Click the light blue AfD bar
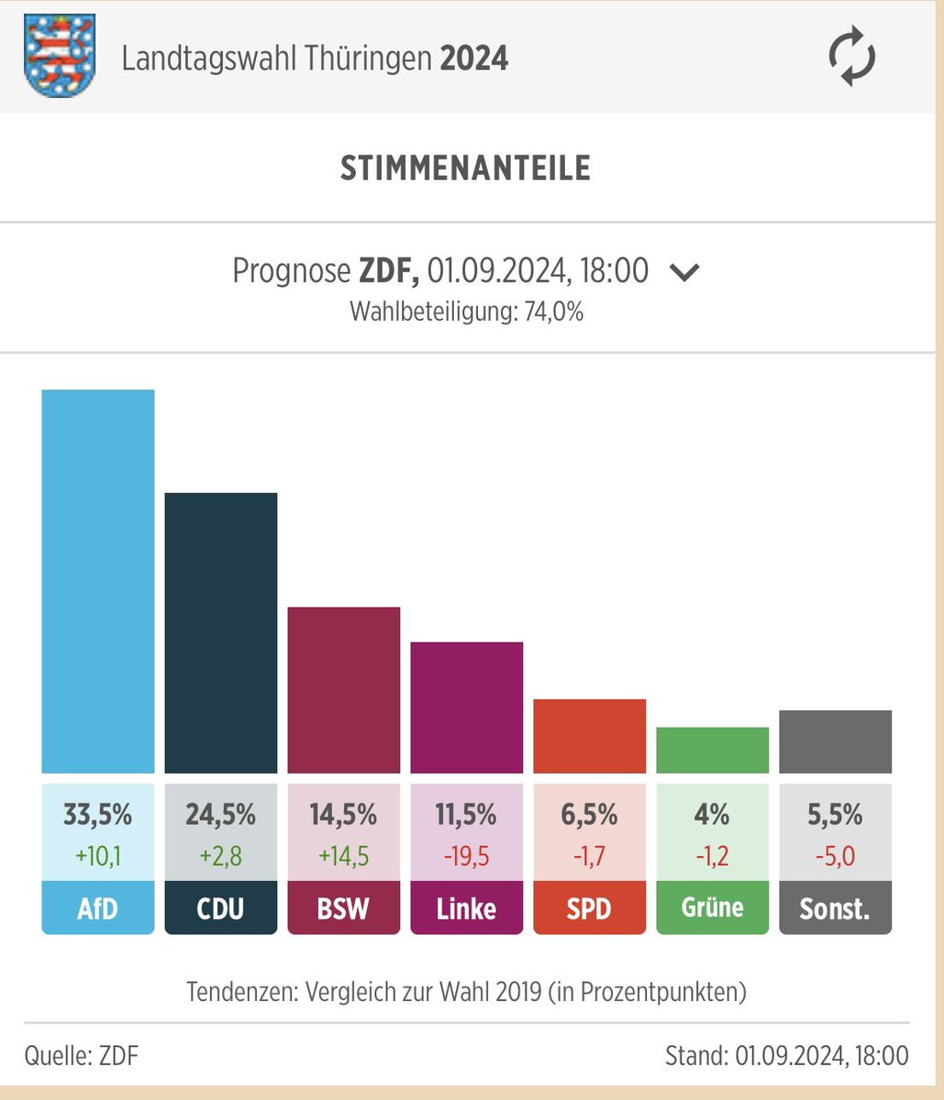[98, 581]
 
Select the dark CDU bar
[221, 632]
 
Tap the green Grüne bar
[712, 750]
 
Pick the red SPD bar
[589, 736]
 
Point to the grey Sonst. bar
[835, 742]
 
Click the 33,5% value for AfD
[98, 814]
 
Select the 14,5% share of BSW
[344, 814]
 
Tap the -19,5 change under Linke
[466, 856]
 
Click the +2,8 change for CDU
[221, 856]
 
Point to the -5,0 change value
[835, 856]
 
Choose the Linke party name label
[466, 907]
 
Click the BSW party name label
[344, 907]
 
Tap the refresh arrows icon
[852, 58]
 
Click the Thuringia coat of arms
[59, 58]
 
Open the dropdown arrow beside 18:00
[684, 272]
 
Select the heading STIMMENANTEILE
[466, 169]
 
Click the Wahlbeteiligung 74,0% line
[466, 312]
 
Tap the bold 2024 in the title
[474, 60]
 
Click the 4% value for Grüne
[712, 814]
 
